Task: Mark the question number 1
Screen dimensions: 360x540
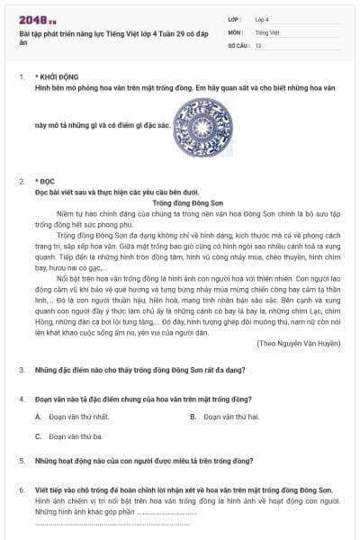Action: click(21, 78)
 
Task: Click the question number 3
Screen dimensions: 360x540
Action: click(21, 370)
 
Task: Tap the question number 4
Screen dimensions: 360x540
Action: click(21, 397)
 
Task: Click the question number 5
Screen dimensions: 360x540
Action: click(21, 461)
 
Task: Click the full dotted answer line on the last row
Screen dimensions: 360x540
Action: click(112, 523)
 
